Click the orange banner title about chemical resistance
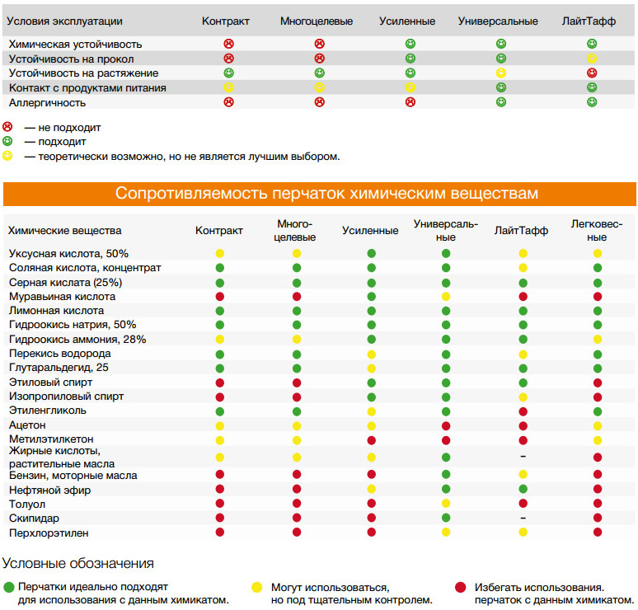(326, 194)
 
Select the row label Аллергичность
(47, 103)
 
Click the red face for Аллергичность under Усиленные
(410, 102)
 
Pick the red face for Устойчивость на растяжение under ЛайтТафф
(592, 73)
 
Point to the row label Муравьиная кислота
(63, 296)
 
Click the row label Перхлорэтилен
(49, 533)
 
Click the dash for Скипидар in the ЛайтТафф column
(523, 518)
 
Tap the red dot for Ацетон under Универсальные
(446, 425)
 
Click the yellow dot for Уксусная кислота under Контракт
(220, 253)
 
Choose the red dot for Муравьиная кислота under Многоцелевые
(297, 296)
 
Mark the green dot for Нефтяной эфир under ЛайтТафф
(523, 490)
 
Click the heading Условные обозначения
(77, 564)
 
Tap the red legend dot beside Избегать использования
(460, 588)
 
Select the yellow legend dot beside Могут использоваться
(256, 588)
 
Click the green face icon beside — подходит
(8, 141)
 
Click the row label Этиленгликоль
(54, 411)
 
